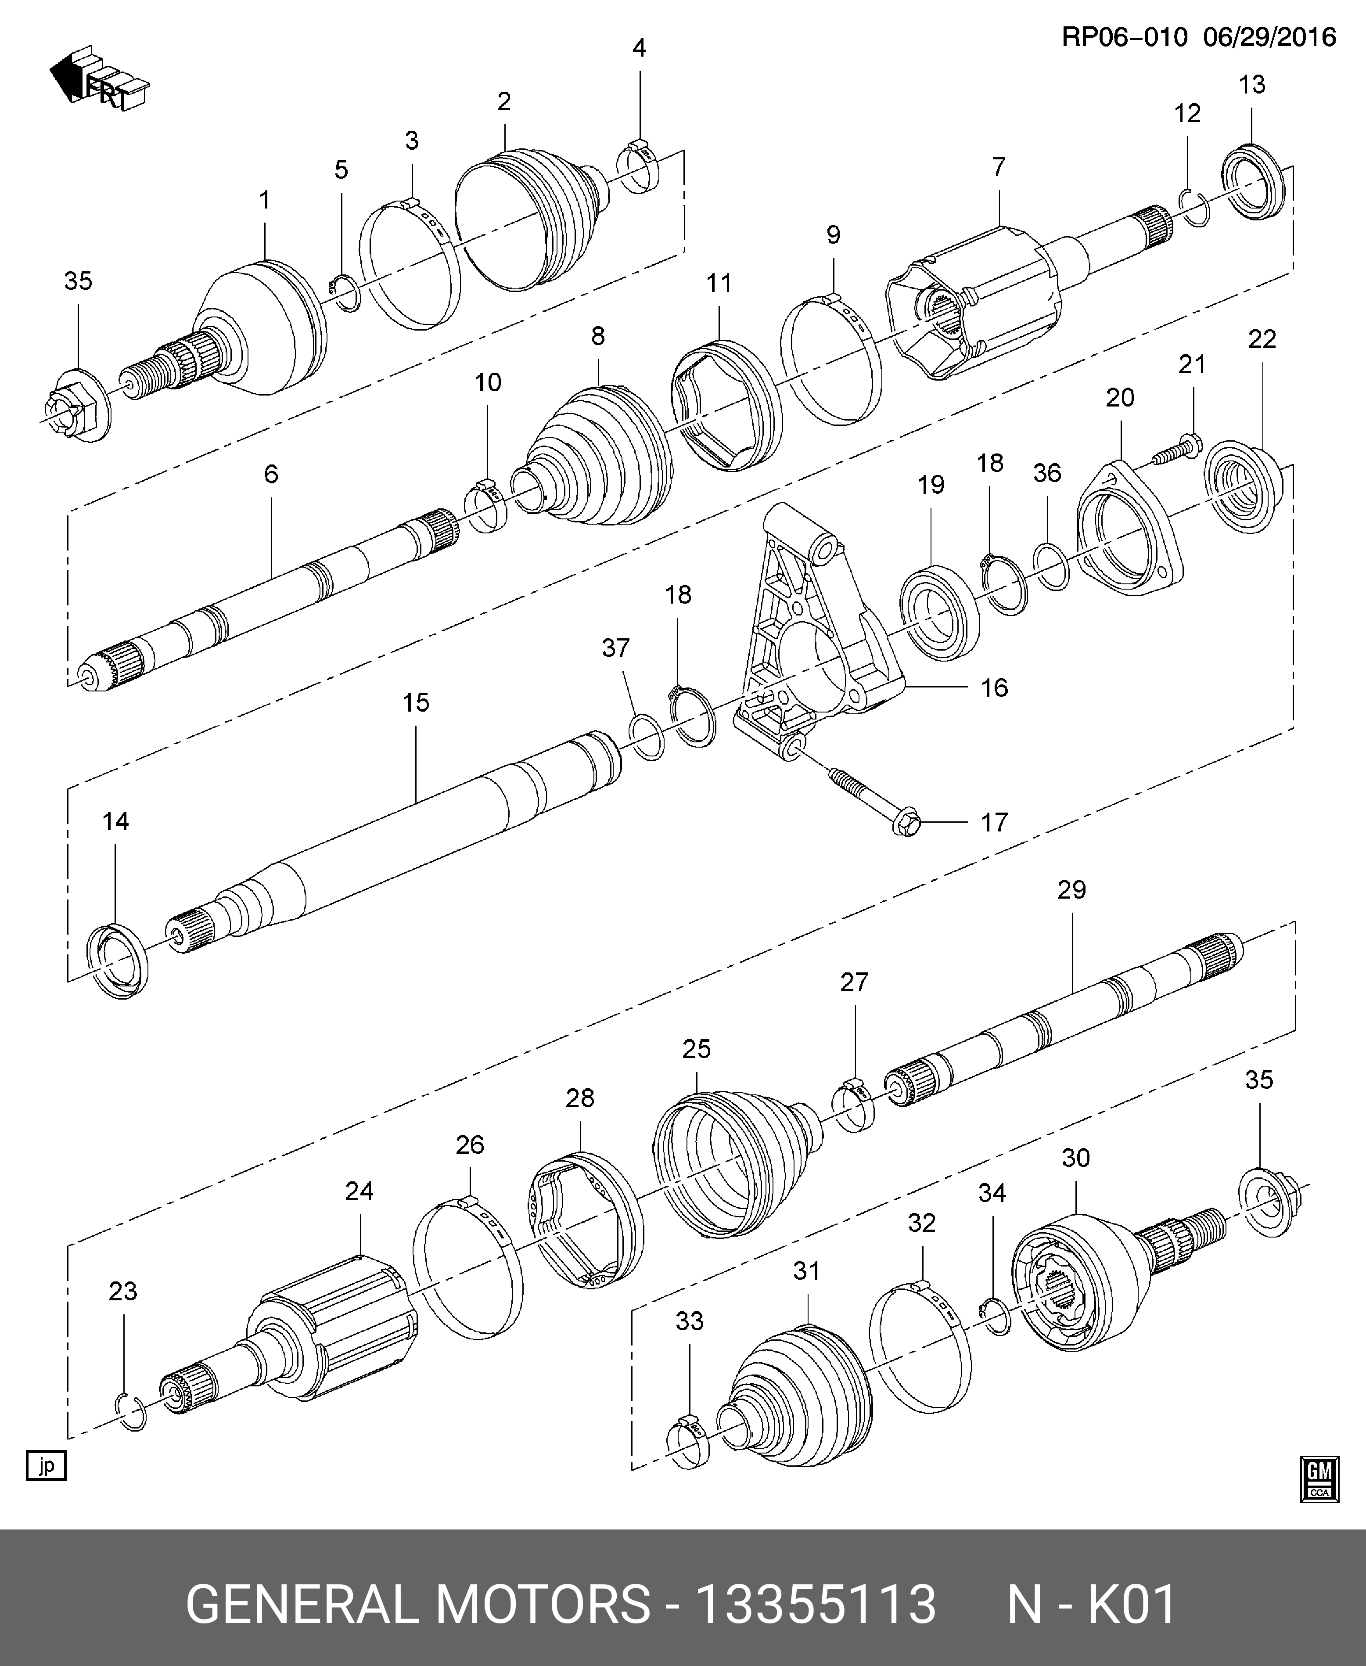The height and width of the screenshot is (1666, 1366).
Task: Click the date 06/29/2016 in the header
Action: (x=1269, y=37)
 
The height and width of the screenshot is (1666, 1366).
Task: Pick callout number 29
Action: (x=1072, y=890)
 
